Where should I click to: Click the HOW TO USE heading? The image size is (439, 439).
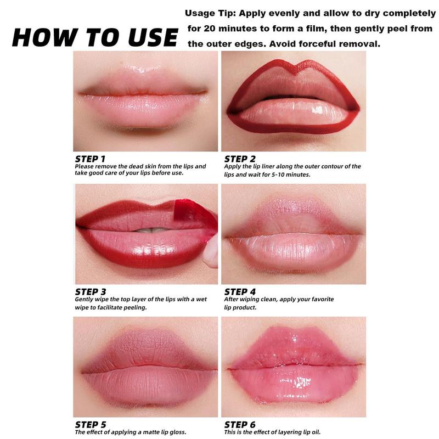(94, 37)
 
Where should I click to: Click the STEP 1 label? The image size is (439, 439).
(90, 159)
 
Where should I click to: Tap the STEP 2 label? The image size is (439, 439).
(240, 159)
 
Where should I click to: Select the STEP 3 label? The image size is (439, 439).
(90, 291)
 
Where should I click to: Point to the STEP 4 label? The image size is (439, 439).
(240, 291)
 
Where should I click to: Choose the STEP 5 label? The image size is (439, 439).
(90, 424)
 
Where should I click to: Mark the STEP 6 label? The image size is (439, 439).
(240, 424)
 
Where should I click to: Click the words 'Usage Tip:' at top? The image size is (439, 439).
(208, 13)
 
